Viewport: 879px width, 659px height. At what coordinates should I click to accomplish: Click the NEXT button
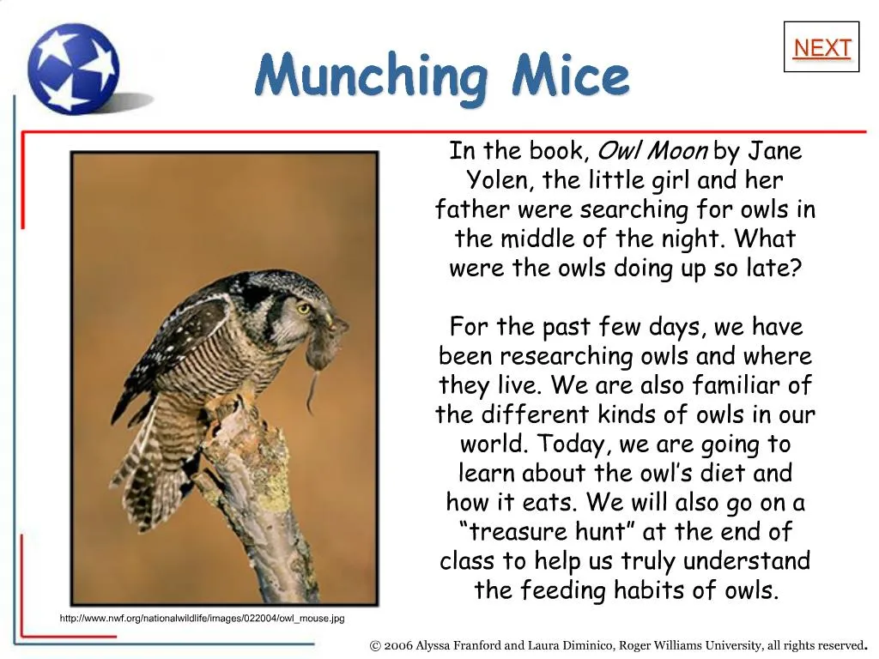pos(821,48)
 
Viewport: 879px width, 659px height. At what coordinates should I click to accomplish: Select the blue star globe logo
pos(72,68)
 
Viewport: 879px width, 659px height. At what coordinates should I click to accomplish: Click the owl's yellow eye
pos(303,308)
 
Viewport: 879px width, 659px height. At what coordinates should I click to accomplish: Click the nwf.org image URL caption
pos(202,618)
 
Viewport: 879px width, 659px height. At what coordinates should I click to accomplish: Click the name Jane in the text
pos(774,151)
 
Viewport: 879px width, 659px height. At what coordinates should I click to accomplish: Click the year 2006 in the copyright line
pos(398,645)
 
